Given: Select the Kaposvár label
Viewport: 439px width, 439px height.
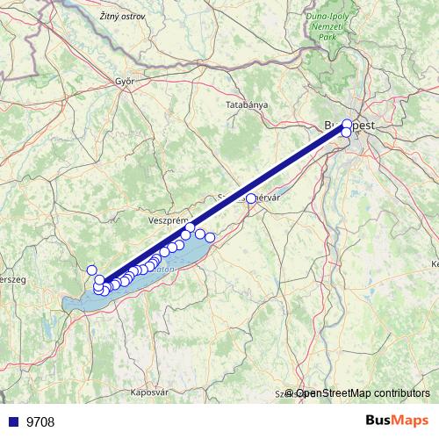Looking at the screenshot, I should (152, 392).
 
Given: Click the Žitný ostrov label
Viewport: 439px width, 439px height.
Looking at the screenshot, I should (97, 15).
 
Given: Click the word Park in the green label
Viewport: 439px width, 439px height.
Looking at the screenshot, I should (327, 38).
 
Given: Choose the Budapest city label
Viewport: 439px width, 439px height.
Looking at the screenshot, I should (351, 126).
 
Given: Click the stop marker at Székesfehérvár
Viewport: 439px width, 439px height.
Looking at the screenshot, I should (251, 199).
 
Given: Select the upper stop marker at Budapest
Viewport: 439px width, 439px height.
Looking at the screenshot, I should (348, 124).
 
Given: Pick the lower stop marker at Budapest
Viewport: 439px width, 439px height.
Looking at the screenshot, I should (345, 133).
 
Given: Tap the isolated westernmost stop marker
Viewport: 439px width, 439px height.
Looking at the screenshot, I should (92, 270).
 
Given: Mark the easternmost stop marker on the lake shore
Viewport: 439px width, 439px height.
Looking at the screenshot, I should (210, 237).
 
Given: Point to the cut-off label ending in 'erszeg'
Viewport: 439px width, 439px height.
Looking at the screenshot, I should (11, 278).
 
